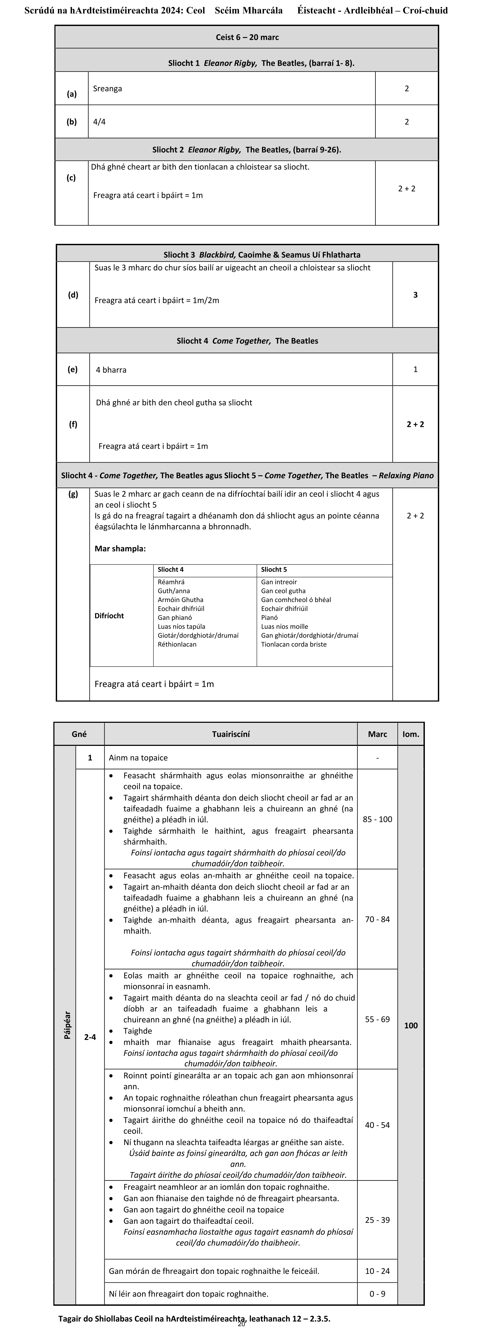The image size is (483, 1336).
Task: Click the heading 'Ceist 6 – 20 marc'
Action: [247, 37]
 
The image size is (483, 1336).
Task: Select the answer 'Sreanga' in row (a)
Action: [107, 89]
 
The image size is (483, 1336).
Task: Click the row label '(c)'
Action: [71, 178]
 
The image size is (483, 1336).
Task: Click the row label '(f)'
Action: [73, 424]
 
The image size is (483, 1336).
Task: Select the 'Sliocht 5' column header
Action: [274, 569]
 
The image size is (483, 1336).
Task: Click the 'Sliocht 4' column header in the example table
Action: [171, 569]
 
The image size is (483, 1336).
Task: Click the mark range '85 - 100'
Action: [377, 819]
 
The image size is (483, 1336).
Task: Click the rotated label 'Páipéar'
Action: [66, 1025]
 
